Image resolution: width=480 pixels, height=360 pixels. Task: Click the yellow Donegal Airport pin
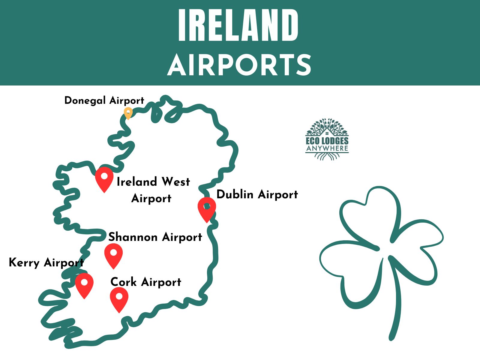click(x=128, y=113)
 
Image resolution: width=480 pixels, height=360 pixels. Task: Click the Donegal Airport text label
click(x=104, y=100)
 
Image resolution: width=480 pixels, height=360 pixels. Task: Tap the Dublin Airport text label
click(x=257, y=194)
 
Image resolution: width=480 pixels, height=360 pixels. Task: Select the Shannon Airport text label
click(x=155, y=237)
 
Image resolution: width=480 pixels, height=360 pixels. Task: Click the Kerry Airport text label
click(x=46, y=262)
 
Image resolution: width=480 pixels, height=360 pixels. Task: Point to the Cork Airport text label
click(x=146, y=282)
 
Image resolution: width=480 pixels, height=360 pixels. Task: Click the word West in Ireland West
click(x=175, y=182)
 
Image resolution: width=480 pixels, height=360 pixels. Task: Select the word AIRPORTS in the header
click(x=239, y=65)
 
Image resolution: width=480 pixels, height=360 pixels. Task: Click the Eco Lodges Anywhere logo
click(x=327, y=139)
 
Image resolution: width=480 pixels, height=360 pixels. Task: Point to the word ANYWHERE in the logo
click(x=327, y=148)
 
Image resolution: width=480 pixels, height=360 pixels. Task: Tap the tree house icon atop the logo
click(x=327, y=127)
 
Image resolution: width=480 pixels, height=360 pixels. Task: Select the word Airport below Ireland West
click(x=151, y=199)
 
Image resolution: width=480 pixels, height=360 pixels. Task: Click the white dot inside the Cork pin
click(x=119, y=296)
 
